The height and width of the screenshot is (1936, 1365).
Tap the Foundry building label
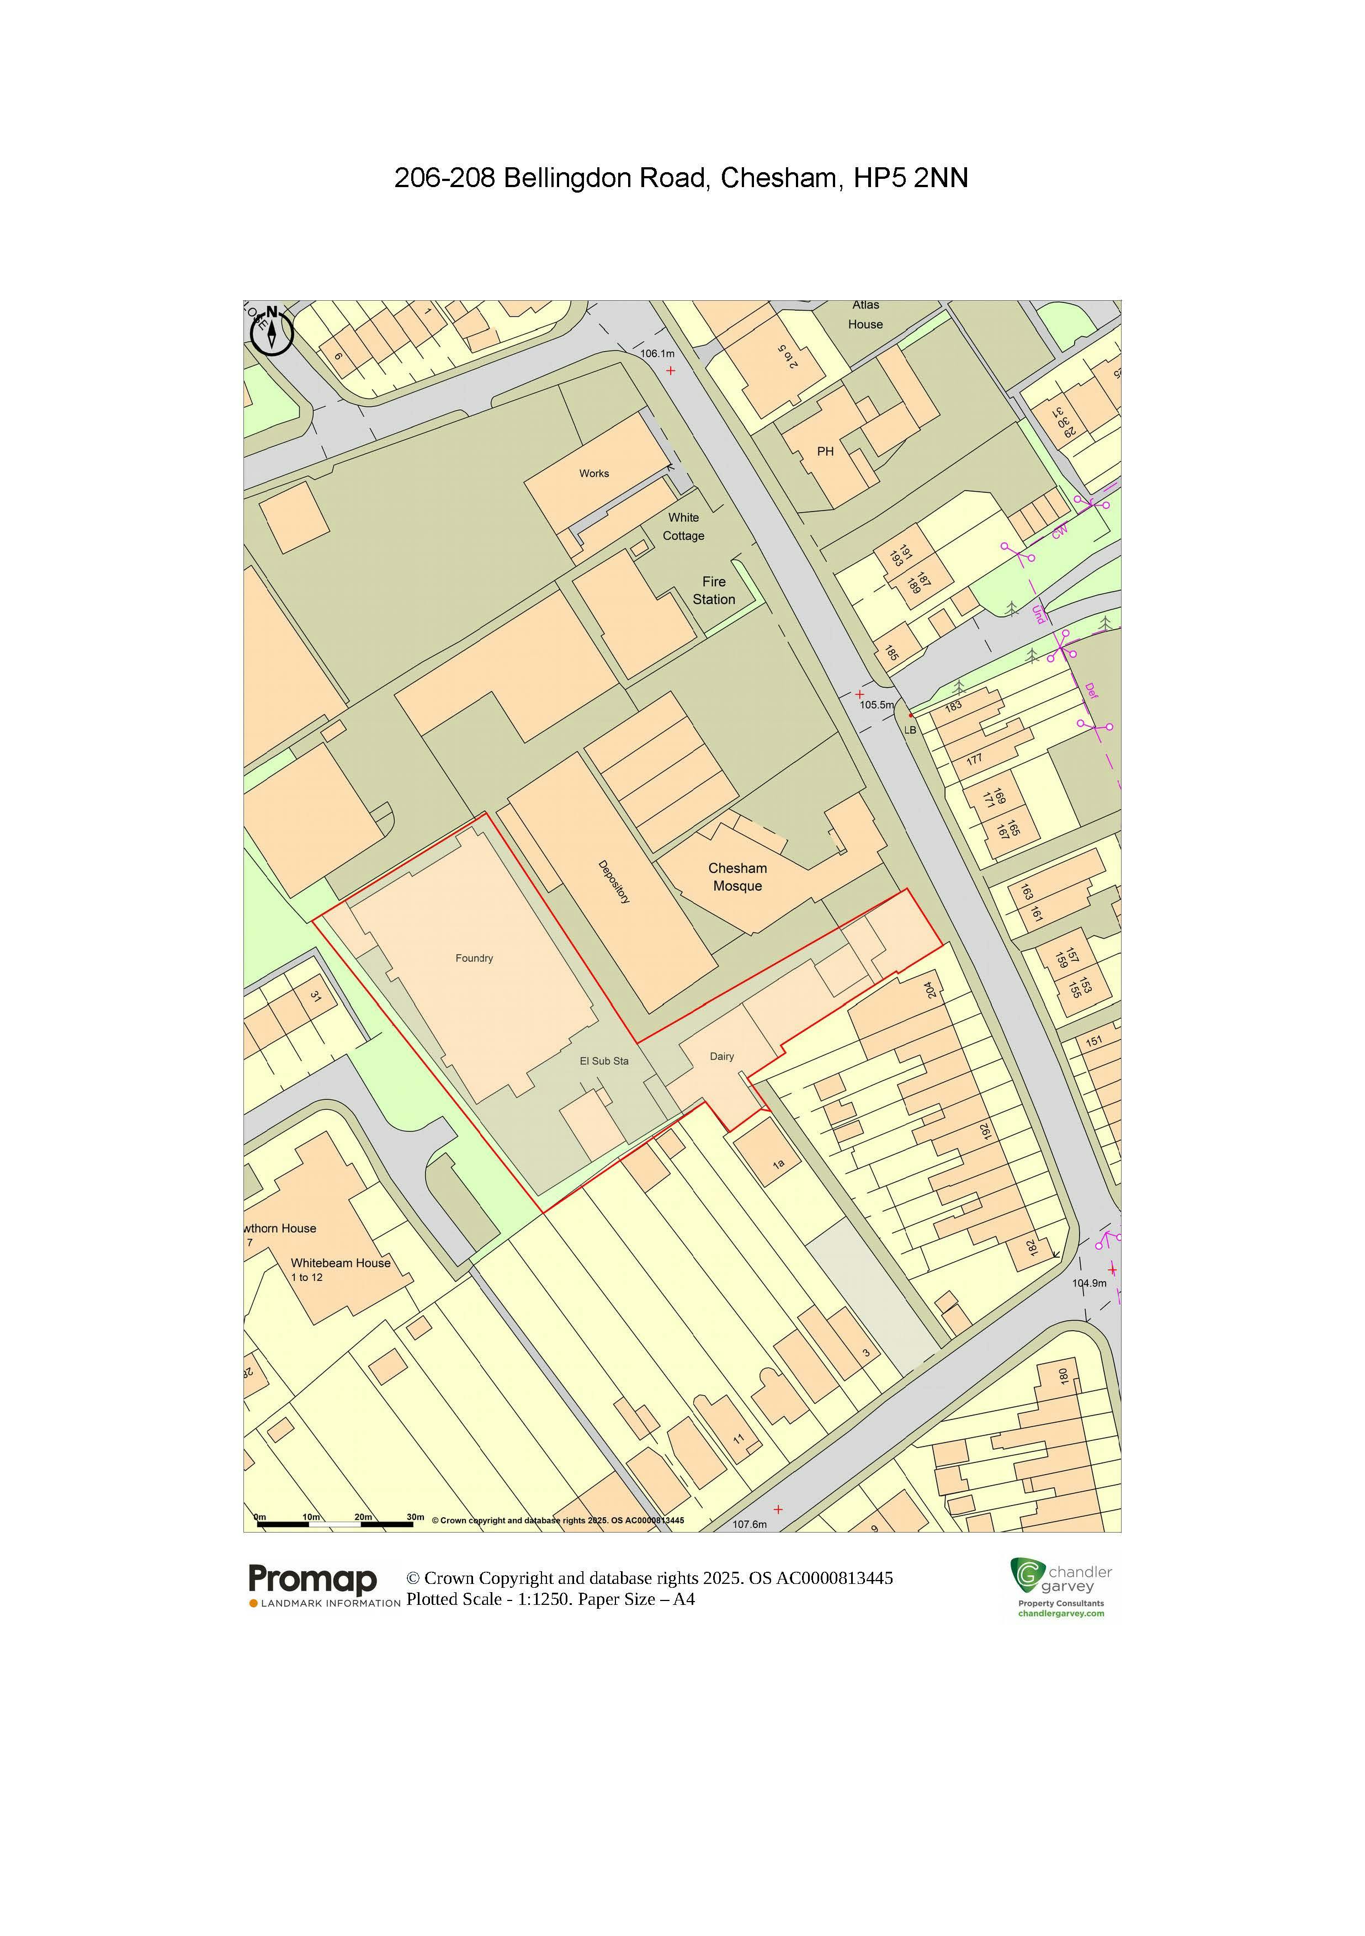[x=474, y=958]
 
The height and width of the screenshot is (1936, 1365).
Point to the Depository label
[x=614, y=882]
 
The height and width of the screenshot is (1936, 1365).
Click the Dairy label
[x=722, y=1056]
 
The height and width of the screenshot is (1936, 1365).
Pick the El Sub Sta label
[x=604, y=1061]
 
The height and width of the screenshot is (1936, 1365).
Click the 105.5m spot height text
[x=877, y=705]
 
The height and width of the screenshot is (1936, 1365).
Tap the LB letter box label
[x=910, y=730]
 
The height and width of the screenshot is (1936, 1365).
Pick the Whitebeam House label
[x=341, y=1263]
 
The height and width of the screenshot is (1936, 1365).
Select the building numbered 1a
[x=778, y=1164]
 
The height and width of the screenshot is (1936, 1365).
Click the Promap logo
[x=313, y=1579]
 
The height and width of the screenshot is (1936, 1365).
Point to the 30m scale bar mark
[x=416, y=1517]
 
